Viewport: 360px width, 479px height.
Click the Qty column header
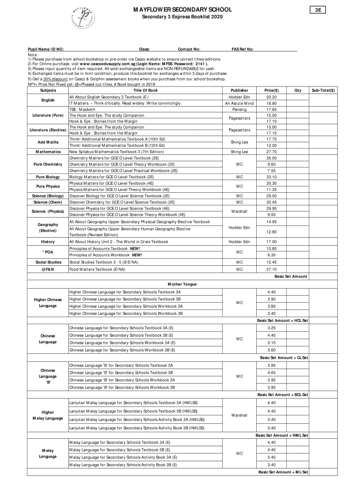296,90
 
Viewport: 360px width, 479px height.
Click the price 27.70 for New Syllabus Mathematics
271,152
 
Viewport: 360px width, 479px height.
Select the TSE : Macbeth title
82,109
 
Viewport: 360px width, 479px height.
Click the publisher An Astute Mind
239,103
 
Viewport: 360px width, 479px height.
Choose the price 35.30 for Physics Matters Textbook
271,183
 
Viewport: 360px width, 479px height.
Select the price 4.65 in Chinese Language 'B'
271,372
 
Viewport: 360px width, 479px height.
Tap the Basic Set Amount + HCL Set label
282,320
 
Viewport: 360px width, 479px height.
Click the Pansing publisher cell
239,109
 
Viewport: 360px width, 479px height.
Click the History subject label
48,241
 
